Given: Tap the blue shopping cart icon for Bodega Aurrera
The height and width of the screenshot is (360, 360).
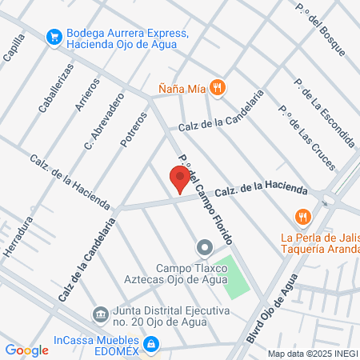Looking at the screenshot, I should coord(54,36).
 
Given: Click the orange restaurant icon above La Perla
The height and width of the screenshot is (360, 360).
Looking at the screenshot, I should coord(302,217).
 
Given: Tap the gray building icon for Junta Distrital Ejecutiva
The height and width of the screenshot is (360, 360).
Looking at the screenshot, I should coord(100,313).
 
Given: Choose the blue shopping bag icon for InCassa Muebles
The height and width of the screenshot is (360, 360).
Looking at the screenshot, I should coord(154,346).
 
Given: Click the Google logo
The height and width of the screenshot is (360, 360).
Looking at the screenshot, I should coord(26,350).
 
